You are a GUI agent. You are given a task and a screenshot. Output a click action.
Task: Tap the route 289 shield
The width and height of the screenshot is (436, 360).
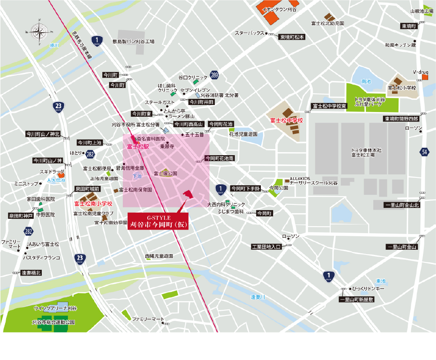pos(214,75)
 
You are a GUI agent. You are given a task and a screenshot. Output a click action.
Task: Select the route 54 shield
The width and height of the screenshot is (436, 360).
pos(425,152)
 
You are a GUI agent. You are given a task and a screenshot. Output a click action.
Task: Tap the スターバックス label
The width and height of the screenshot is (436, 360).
pos(250,33)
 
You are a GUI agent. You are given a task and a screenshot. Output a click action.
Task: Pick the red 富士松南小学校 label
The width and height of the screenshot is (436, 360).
pos(93,204)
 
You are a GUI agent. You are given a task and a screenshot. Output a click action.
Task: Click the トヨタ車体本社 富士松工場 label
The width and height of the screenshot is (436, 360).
pos(366,152)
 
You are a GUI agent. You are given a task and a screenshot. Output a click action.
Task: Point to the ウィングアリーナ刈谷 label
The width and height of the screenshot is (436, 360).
pos(55,308)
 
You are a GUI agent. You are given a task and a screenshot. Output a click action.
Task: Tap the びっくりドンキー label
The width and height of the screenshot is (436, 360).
pos(368,289)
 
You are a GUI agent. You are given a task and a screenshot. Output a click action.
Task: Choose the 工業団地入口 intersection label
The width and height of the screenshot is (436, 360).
pos(266,247)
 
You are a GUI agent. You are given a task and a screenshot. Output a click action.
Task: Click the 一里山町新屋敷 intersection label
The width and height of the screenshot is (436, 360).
pos(356,300)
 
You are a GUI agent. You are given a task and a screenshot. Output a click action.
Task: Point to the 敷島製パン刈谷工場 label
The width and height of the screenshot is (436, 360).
pos(133,41)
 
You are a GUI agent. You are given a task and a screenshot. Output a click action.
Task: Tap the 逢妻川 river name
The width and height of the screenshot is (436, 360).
pos(258,297)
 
